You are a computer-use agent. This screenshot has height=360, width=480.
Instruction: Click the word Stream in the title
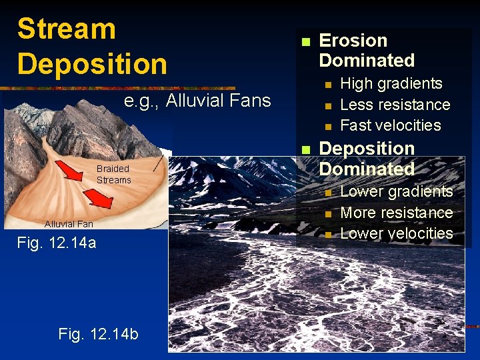pos(67,29)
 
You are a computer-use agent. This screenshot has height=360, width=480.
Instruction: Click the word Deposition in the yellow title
pos(92,64)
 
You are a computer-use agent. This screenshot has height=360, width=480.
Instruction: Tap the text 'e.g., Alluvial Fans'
pos(197,101)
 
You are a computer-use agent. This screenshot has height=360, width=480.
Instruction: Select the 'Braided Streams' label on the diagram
pos(113,174)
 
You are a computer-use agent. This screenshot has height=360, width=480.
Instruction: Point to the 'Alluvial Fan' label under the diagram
pos(69,224)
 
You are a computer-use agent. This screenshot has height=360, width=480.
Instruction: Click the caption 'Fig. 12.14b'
pos(99,333)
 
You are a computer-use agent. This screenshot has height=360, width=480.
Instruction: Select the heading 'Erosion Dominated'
pos(367,50)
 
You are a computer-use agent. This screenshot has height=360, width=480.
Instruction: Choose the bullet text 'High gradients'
pos(391,83)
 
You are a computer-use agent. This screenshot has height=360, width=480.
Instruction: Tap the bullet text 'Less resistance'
pos(395,105)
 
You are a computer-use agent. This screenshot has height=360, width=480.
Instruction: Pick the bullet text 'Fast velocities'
pos(390,125)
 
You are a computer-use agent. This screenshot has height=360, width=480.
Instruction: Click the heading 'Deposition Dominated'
pos(367,158)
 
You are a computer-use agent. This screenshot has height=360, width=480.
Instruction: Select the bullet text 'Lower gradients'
pos(396,191)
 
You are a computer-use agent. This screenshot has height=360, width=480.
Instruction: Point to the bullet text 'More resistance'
pos(396,213)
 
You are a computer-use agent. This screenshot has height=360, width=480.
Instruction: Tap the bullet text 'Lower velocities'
pos(396,233)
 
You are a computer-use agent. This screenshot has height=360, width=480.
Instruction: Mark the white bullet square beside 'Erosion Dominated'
pos(305,41)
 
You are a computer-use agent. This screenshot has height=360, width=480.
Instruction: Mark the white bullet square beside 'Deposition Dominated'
pos(305,149)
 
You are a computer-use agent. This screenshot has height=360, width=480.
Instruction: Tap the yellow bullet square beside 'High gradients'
pos(327,85)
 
